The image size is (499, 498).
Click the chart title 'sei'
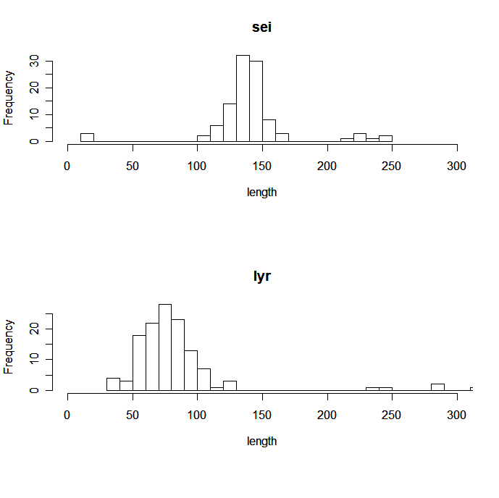tap(261, 28)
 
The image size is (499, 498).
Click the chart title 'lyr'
tap(261, 277)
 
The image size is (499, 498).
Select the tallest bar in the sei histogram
tap(243, 98)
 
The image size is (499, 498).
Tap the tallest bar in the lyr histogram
tap(165, 347)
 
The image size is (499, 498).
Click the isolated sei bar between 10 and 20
tap(87, 138)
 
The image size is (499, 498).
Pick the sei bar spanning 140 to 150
tap(256, 101)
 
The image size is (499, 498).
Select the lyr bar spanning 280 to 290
tap(437, 387)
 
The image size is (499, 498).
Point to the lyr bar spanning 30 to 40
tap(113, 384)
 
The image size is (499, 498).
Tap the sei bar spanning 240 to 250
tap(385, 139)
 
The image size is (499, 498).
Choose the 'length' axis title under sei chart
tap(261, 193)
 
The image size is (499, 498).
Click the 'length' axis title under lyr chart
tap(261, 441)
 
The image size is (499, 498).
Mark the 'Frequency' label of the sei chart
tap(9, 98)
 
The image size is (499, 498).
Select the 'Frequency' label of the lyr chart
tap(9, 346)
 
